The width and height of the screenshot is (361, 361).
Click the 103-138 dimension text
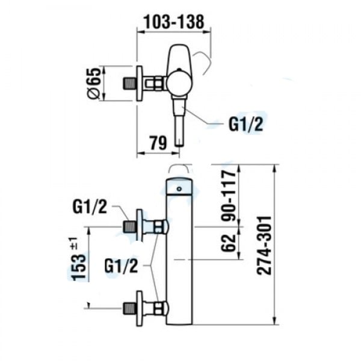174,22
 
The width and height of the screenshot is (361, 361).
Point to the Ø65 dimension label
94,83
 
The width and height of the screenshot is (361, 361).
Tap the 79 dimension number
158,143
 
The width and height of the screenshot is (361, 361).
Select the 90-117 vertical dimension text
229,195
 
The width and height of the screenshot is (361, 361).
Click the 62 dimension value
229,243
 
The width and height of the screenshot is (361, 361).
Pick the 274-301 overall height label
264,245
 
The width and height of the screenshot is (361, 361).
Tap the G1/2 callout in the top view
245,125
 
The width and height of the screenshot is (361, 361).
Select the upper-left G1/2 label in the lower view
90,207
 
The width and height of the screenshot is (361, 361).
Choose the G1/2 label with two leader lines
121,266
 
